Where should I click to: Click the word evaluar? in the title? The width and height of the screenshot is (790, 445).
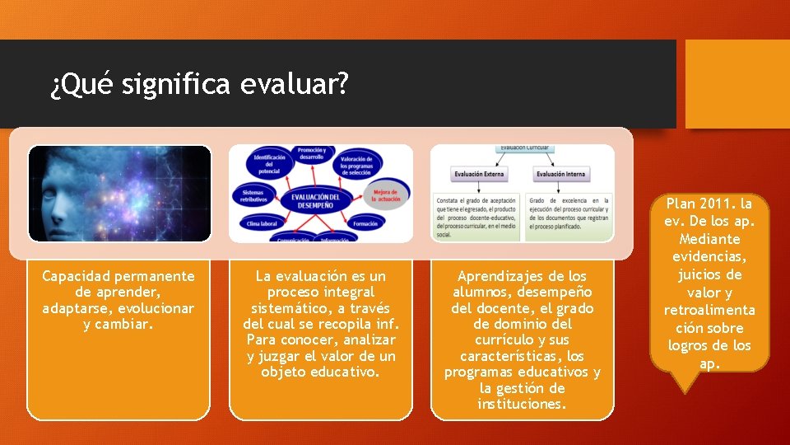pos(295,84)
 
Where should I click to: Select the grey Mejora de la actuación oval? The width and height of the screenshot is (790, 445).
pos(385,195)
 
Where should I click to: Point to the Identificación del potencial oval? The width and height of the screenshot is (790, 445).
pos(269,164)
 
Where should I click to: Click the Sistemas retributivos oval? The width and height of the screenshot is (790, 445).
pos(253,194)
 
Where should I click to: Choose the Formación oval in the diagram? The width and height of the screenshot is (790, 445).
pos(365,223)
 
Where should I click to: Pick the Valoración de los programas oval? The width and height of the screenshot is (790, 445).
pos(356,163)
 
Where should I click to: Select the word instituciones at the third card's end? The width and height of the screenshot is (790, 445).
pos(522,404)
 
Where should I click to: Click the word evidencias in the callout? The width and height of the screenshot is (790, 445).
pos(710,256)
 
